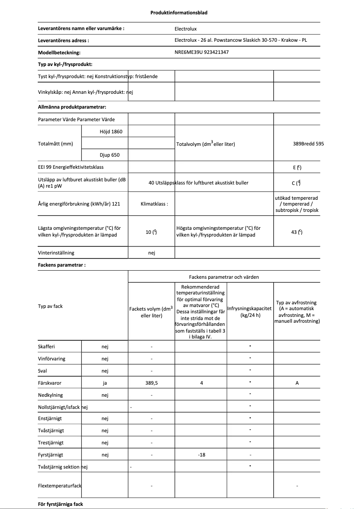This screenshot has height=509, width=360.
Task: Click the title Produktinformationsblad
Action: point(179,13)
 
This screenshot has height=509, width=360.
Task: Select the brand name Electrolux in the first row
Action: point(185,29)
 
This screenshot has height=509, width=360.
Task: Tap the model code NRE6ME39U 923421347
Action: point(202,52)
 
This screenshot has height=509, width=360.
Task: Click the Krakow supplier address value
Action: point(241,40)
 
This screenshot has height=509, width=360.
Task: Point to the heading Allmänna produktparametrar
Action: point(72,107)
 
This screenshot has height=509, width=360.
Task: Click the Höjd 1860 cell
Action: point(111,132)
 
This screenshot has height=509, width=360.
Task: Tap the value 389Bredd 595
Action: point(308,144)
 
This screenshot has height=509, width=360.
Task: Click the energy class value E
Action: point(297,167)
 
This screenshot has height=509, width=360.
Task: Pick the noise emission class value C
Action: point(297,183)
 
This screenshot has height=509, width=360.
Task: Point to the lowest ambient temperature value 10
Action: point(151,232)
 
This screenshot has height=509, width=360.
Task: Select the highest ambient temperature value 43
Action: point(297,232)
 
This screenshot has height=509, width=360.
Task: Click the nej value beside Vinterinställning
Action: point(151,253)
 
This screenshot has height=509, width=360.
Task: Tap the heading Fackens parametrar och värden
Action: point(224,277)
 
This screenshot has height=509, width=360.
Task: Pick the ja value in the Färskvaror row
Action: point(105,383)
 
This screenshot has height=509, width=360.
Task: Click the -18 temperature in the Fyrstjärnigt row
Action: point(201,455)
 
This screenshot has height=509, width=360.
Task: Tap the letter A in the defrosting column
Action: point(297,383)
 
